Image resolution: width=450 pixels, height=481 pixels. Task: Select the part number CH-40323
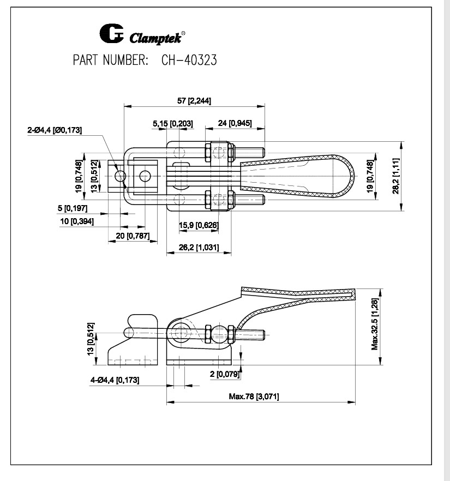click(189, 61)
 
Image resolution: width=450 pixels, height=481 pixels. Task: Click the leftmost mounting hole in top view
click(121, 176)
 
